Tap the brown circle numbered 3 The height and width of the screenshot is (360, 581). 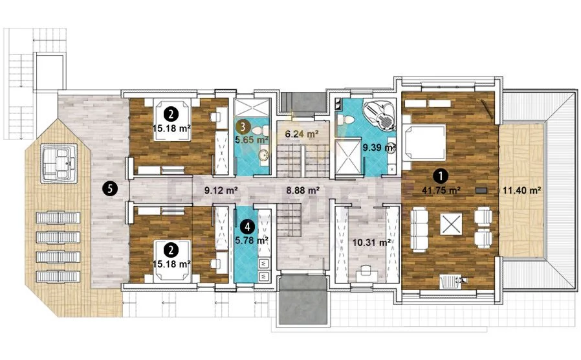point(243,127)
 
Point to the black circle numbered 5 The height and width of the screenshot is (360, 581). point(110,190)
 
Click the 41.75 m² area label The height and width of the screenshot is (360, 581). point(441,190)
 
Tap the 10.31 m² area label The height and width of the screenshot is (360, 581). point(371,243)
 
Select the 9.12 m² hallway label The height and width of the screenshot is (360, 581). point(221,190)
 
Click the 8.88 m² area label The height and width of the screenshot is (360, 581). point(303,190)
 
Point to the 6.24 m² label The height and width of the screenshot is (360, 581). point(301,134)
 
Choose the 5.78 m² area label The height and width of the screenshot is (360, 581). point(252,240)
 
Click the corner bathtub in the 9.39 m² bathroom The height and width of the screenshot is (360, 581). point(380,116)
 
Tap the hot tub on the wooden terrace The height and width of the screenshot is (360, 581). point(60,164)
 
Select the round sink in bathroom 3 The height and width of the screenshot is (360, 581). point(264,155)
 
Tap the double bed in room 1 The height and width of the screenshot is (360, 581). point(424,142)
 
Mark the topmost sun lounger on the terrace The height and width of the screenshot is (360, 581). point(58,218)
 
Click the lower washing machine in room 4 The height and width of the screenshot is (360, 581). point(264,276)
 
